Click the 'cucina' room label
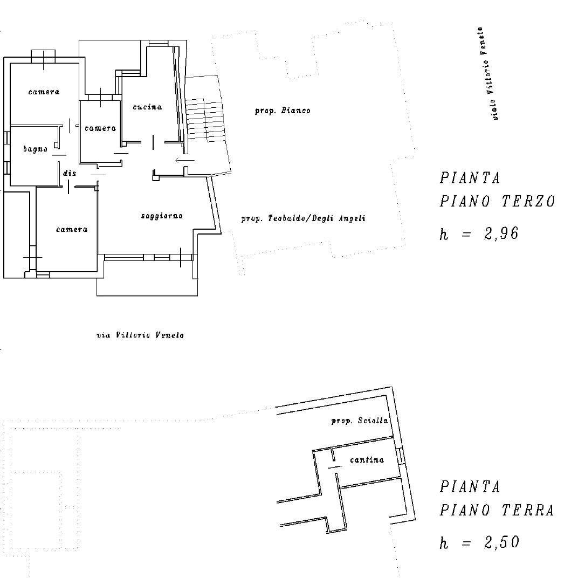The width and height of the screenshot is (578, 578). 147,107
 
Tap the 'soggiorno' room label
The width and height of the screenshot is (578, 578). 162,216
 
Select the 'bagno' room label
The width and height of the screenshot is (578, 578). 35,149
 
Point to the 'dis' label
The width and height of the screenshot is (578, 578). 70,174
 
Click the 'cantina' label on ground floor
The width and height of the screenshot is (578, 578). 367,460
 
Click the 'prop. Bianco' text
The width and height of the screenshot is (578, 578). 282,111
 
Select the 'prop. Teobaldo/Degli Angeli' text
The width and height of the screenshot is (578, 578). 303,219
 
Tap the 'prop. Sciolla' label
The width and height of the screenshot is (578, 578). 359,421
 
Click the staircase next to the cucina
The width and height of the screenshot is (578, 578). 205,121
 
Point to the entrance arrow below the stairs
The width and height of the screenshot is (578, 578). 185,160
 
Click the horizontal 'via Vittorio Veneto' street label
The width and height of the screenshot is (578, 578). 140,335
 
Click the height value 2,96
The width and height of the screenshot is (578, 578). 501,234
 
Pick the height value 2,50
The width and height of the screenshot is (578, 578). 501,542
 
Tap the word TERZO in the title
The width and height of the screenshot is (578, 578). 528,202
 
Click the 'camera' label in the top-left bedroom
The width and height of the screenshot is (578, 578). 44,92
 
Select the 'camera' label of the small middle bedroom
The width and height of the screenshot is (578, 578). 100,128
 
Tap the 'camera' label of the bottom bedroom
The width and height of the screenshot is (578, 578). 72,230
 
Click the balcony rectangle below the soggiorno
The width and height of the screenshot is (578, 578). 147,287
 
